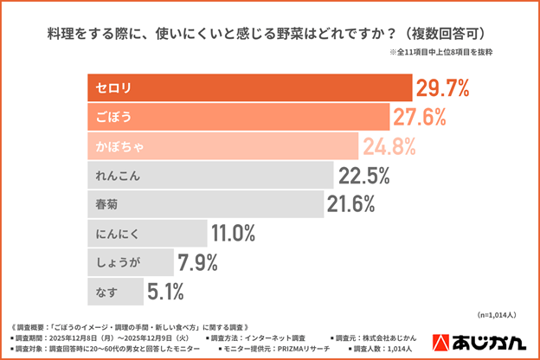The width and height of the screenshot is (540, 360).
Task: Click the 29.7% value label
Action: click(x=442, y=87)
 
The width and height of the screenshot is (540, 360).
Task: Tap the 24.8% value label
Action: click(x=390, y=146)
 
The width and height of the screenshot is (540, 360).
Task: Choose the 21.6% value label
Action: click(x=350, y=204)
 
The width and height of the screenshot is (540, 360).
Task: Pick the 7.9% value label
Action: click(x=197, y=262)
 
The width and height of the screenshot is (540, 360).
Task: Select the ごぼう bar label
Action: click(x=112, y=117)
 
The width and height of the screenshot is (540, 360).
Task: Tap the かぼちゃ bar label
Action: click(x=117, y=146)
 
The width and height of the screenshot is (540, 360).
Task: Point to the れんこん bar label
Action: click(x=117, y=176)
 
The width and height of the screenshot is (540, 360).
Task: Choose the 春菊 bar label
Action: click(x=106, y=204)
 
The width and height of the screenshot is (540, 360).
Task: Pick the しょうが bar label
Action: click(x=117, y=262)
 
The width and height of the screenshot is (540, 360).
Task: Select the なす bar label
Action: click(x=106, y=292)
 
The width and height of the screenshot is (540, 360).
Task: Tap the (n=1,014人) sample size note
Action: click(x=498, y=315)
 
